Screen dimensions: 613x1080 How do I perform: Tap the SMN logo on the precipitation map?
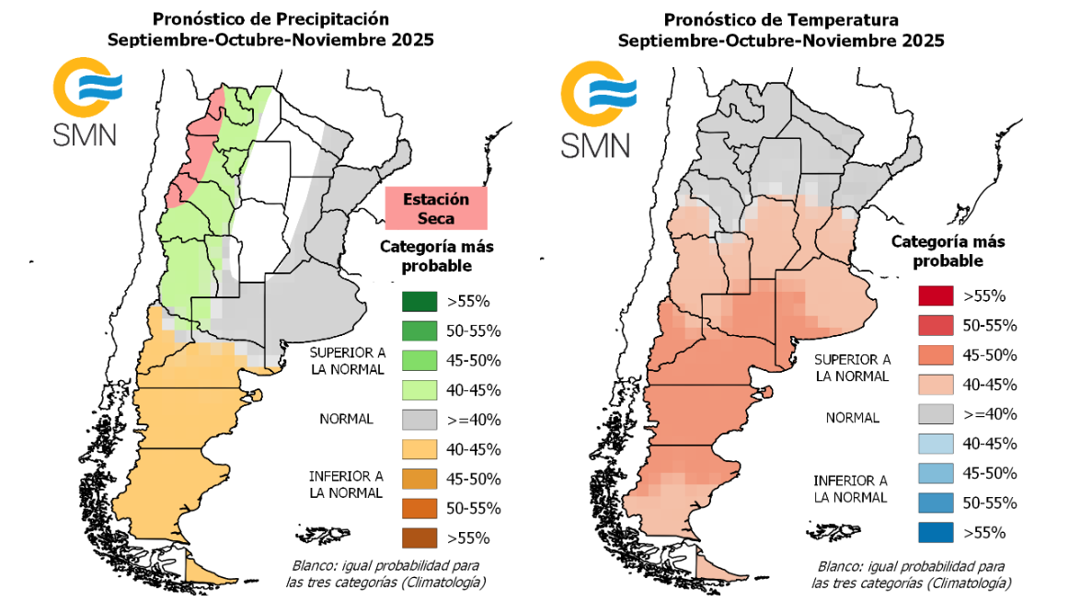click(86, 101)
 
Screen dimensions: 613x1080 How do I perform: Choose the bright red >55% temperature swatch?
click(936, 295)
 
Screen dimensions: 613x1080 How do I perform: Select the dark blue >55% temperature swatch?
click(936, 532)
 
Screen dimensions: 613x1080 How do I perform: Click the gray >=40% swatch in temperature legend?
click(936, 414)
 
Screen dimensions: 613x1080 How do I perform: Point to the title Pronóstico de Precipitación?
click(270, 19)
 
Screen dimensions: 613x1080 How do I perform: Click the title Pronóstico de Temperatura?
click(781, 19)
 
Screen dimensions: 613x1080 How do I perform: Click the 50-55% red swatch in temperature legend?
click(936, 325)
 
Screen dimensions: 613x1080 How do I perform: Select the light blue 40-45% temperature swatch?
click(936, 444)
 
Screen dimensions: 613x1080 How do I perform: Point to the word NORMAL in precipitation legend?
click(346, 420)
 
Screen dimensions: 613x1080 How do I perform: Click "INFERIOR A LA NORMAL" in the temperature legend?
click(850, 489)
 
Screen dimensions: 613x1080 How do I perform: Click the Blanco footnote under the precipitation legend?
click(385, 573)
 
